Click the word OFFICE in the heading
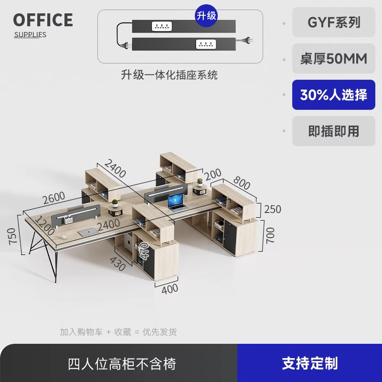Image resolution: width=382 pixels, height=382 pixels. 43,20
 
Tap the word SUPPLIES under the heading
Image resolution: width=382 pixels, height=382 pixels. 30,34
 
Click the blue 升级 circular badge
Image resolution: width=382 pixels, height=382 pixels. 206,16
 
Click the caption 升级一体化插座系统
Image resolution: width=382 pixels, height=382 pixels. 170,74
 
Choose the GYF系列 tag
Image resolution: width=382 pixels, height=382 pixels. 334,22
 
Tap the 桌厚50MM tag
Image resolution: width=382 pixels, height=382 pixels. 334,59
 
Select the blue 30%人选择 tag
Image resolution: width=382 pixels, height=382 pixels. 334,95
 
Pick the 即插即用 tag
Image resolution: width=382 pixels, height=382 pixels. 334,131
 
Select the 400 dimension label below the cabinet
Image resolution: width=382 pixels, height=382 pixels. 170,288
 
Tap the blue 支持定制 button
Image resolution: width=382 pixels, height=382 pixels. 309,363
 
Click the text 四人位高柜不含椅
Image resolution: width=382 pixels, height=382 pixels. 122,364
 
